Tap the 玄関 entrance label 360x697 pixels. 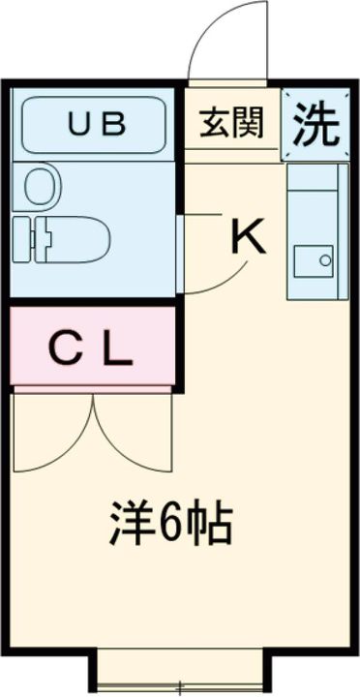tap(229, 124)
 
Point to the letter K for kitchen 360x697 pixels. tap(248, 236)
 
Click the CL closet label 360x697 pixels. tap(91, 350)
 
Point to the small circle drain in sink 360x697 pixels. tap(326, 259)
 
